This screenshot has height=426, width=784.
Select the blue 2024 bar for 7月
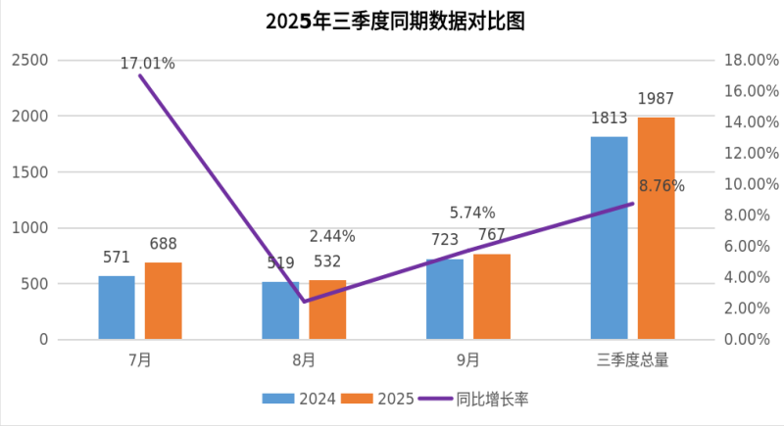[117, 308]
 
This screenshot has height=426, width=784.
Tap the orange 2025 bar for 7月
[164, 301]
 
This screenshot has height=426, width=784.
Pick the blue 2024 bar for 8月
[280, 310]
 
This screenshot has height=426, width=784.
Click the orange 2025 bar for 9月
[492, 297]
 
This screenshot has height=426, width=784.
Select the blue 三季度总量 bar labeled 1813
[609, 238]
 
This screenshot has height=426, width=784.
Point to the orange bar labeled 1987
[656, 228]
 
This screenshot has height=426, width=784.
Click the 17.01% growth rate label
[148, 64]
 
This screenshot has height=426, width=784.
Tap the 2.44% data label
[332, 236]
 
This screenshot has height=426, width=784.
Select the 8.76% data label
[661, 186]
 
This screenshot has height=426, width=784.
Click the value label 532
[327, 261]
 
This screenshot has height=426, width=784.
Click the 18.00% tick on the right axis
[751, 61]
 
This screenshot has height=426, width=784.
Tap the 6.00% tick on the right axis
[751, 247]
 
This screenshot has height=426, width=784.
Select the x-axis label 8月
[304, 360]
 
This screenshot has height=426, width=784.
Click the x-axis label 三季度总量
[632, 360]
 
